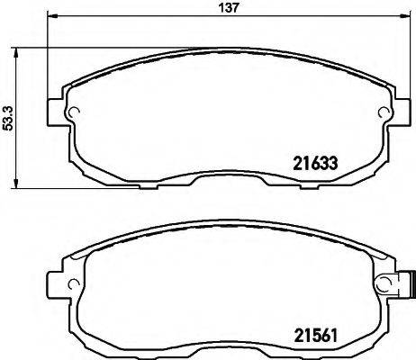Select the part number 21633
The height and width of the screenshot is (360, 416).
316,164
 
